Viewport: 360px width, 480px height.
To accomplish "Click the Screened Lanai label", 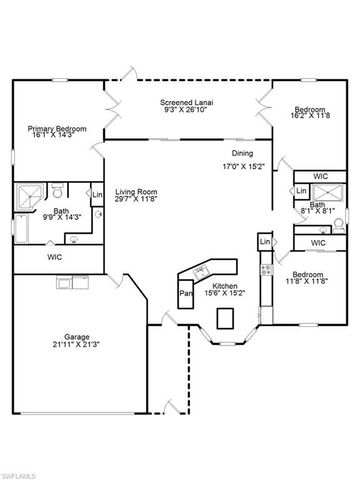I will (188, 103).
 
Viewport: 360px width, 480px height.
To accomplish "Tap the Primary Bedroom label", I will (56, 129).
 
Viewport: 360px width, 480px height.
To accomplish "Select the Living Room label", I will (137, 191).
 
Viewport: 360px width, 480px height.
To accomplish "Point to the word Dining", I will (243, 153).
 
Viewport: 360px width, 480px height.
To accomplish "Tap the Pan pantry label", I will (185, 294).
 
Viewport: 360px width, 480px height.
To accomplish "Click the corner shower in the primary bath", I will (31, 196).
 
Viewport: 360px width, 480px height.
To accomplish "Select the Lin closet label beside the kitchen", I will (264, 242).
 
